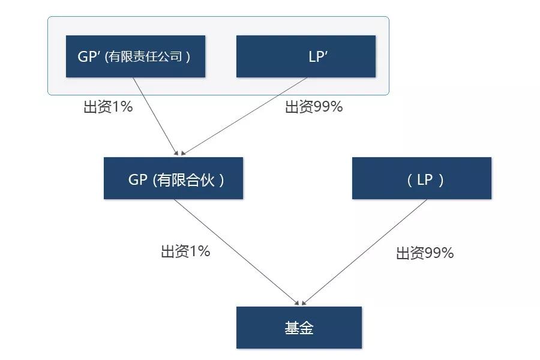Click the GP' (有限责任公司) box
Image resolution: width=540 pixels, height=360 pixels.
coord(136,56)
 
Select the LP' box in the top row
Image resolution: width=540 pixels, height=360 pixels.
coord(306,56)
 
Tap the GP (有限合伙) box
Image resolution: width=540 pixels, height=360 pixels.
coord(173,178)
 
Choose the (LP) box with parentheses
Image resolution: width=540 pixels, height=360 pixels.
coord(422,178)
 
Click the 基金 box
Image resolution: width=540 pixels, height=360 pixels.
coord(299,327)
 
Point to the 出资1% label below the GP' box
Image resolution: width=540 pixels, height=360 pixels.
coord(108,106)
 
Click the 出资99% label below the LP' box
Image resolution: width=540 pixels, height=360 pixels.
coord(314,106)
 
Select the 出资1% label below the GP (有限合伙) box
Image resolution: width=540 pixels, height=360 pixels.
coord(185,251)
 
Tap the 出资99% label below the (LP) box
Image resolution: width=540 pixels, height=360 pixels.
coord(425,253)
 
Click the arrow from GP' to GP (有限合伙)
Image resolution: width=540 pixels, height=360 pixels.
coord(155,116)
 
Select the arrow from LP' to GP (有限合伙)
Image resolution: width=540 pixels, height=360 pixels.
coord(244,116)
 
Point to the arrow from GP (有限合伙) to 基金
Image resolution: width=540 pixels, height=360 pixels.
coord(236,252)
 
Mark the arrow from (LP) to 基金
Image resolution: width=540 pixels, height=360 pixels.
coord(364,252)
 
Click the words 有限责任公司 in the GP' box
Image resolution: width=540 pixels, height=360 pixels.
coord(145,56)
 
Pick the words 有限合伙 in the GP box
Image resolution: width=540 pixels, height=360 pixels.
coord(185,179)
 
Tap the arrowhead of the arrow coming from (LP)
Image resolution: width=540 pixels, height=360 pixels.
coord(304,303)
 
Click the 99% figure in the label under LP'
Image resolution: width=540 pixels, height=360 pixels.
coord(328,106)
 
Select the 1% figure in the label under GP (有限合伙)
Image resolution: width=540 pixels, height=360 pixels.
coord(200,251)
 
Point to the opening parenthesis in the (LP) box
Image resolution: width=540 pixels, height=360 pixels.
coord(409,180)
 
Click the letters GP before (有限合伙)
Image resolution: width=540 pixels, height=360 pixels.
coord(138,179)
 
